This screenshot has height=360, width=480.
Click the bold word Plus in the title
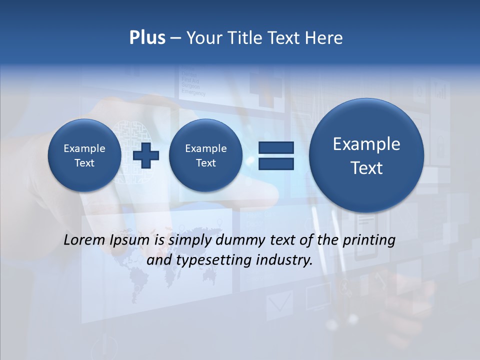[147, 38]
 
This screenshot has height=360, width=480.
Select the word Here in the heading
[324, 38]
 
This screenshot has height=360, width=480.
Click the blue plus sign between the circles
[146, 155]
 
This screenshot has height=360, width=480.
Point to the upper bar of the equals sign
[276, 148]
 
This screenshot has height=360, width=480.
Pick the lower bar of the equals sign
[276, 163]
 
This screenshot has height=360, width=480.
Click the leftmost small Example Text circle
[84, 155]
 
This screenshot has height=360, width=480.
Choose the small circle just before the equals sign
[205, 155]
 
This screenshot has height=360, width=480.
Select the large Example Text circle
[366, 155]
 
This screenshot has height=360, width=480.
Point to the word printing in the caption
[369, 240]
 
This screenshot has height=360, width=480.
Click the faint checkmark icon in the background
[279, 302]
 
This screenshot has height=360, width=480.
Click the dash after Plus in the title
[175, 38]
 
